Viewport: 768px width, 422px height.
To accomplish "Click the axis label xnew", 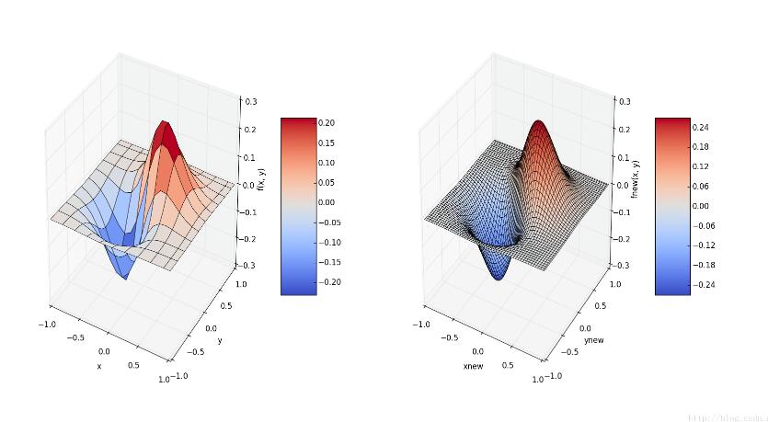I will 474,366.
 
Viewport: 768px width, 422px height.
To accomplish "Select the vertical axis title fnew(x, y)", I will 635,179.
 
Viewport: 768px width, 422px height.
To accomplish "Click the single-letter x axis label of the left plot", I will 99,366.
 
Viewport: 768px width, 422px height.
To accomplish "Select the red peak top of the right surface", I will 538,126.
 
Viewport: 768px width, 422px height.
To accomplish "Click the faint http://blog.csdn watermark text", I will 727,416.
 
